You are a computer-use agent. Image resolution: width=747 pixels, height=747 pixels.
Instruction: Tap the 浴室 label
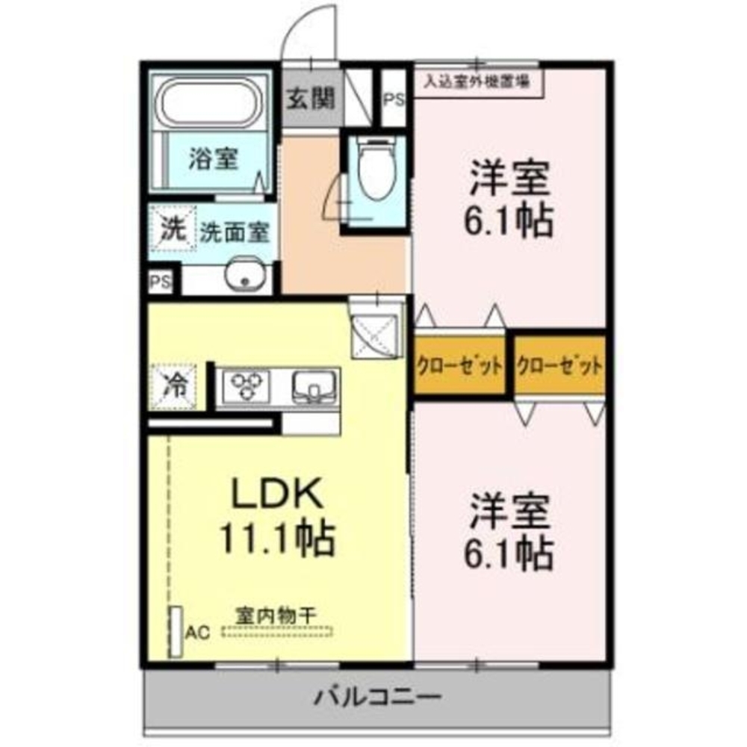click(213, 158)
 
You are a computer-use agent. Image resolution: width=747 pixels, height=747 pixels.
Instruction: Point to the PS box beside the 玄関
click(394, 99)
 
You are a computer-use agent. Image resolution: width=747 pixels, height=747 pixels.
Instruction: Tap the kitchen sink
click(313, 386)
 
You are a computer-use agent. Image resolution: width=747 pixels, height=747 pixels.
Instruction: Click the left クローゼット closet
click(459, 366)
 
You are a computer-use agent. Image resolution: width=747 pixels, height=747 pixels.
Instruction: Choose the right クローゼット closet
click(560, 366)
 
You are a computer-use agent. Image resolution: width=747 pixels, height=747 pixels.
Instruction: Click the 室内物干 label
click(276, 615)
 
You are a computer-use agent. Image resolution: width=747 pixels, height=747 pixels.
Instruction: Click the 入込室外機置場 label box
click(479, 81)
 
